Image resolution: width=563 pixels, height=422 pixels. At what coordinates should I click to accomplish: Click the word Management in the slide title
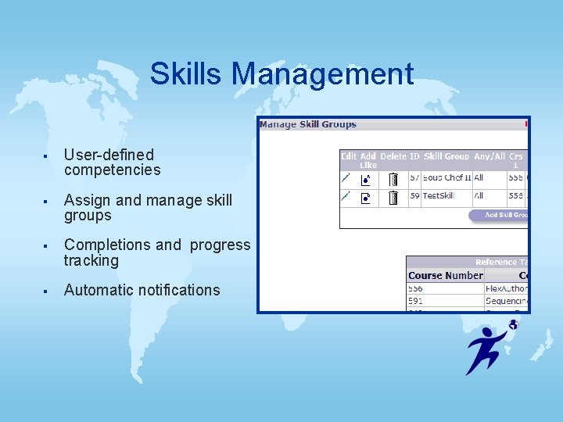(x=322, y=74)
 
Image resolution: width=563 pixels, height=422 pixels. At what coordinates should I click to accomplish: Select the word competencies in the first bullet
(x=112, y=170)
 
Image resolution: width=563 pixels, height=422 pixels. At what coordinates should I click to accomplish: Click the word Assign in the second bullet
(x=88, y=200)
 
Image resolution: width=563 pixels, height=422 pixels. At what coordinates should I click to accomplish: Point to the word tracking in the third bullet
(x=91, y=261)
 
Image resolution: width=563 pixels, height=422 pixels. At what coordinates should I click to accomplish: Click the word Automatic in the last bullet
(x=99, y=290)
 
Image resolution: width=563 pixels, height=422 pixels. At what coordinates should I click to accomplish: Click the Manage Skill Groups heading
(x=307, y=124)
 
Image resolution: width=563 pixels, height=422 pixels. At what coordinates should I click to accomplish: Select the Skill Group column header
(x=446, y=156)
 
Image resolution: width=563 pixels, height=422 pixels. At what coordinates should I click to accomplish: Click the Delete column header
(x=393, y=156)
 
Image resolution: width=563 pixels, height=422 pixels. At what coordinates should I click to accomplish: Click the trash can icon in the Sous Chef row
(x=393, y=179)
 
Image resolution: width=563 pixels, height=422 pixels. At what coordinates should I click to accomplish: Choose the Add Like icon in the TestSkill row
(x=366, y=198)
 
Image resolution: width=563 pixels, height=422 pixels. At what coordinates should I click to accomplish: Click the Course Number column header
(x=445, y=275)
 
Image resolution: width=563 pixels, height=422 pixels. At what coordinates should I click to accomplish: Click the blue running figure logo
(x=489, y=347)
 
